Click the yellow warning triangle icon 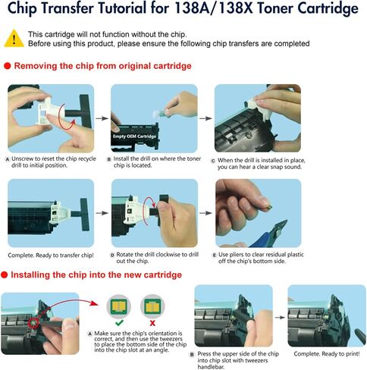(x=14, y=39)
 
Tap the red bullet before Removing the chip (x=8, y=66)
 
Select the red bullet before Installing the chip (x=4, y=274)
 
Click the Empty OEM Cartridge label (x=134, y=136)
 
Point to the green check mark (x=119, y=322)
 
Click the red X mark (x=152, y=323)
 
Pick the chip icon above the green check (x=119, y=306)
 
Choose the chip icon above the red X (x=152, y=306)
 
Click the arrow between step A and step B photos (x=102, y=118)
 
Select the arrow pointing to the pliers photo (x=205, y=213)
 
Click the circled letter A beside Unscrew (x=8, y=159)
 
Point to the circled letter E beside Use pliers (x=215, y=255)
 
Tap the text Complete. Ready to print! (x=327, y=354)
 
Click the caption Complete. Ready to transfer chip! (x=51, y=256)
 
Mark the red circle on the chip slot (x=33, y=324)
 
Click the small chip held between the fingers (x=269, y=207)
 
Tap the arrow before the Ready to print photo (x=280, y=318)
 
